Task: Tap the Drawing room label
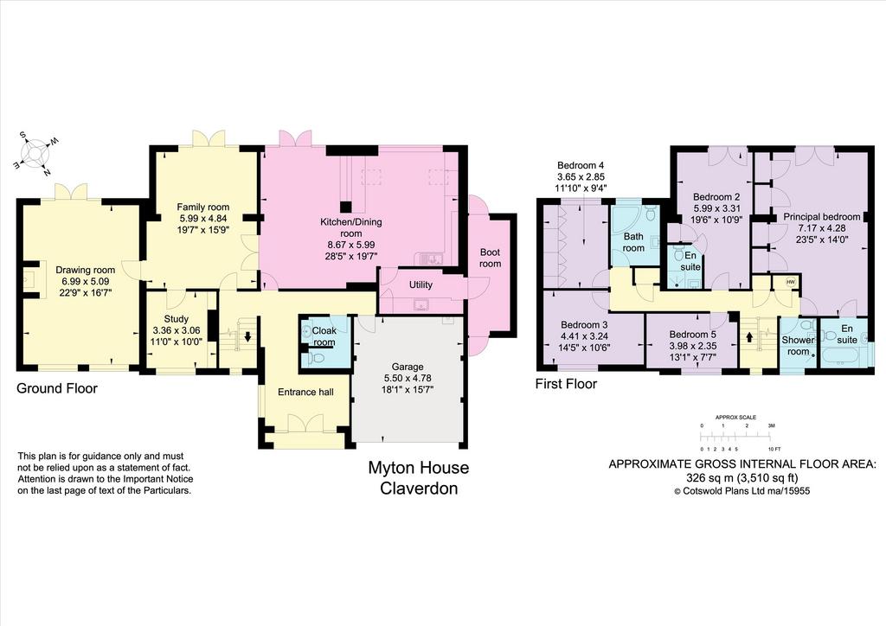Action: (86, 270)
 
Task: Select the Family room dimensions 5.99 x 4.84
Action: (202, 218)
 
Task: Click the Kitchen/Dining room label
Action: (351, 227)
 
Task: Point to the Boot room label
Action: (490, 258)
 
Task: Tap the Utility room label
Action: (421, 284)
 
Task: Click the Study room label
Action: (177, 319)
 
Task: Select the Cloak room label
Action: (324, 336)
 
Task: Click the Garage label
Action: (408, 367)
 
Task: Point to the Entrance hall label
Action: (305, 392)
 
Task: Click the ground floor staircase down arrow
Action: (247, 336)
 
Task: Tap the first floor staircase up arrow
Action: (750, 337)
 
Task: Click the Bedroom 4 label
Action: (581, 165)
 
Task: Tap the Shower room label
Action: (798, 346)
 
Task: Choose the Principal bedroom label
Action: (822, 217)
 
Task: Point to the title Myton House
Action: (419, 468)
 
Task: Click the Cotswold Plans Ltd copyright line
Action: (742, 491)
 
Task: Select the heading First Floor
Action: (566, 384)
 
